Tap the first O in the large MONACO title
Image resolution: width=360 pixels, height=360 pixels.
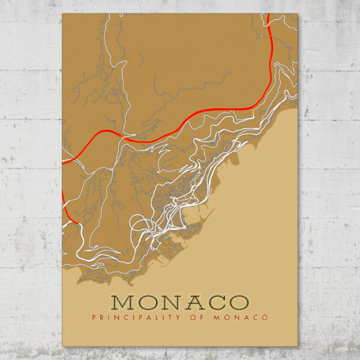tap(152, 301)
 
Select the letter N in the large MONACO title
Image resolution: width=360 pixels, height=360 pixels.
tap(175, 301)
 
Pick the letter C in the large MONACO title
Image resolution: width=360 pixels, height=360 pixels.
tap(217, 301)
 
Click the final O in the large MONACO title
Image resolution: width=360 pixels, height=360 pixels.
tap(238, 301)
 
